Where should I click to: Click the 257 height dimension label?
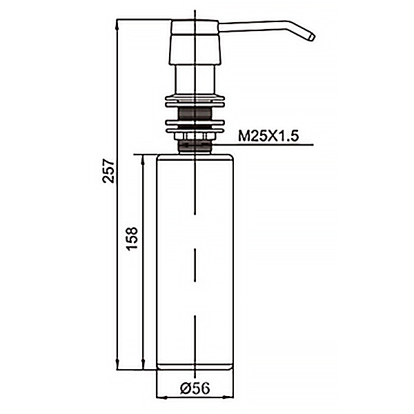coord(108,170)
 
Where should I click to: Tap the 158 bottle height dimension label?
coord(132,238)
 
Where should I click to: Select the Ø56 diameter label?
coord(195,388)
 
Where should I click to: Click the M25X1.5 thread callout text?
coord(268,136)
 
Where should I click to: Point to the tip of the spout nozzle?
coord(313,37)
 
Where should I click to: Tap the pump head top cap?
coord(195,27)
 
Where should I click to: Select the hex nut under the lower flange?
coord(195,136)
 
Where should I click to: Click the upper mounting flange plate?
coord(195,101)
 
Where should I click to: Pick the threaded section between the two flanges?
coord(195,114)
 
